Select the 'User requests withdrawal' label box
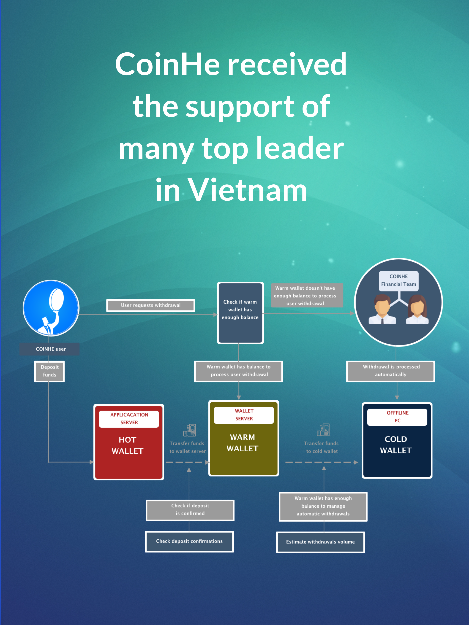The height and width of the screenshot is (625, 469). [150, 305]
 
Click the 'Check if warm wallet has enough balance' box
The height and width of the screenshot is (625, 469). [240, 312]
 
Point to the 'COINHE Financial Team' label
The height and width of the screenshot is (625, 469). [398, 280]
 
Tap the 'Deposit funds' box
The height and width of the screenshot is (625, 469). [49, 371]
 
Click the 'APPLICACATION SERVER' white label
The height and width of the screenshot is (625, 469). [129, 418]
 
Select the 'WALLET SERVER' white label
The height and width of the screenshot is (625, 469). [244, 415]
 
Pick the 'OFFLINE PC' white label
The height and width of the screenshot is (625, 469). [397, 417]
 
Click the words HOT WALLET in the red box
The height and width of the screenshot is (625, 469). [128, 445]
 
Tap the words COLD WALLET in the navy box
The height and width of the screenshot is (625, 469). [395, 445]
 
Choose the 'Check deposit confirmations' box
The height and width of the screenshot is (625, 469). [189, 541]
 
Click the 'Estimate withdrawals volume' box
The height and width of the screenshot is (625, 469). [320, 542]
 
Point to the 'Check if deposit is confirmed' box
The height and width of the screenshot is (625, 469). [190, 510]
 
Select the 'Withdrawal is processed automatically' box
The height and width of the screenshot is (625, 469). [391, 371]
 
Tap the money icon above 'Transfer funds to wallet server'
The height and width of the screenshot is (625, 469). [190, 430]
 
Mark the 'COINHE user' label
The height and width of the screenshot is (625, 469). [50, 349]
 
